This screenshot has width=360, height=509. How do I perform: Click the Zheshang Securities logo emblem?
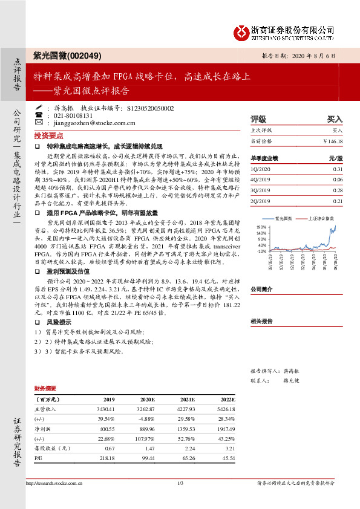click(240, 30)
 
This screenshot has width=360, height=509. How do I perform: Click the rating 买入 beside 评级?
click(335, 120)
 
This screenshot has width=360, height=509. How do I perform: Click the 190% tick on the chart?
click(261, 227)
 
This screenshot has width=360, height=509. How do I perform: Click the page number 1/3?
click(180, 483)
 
